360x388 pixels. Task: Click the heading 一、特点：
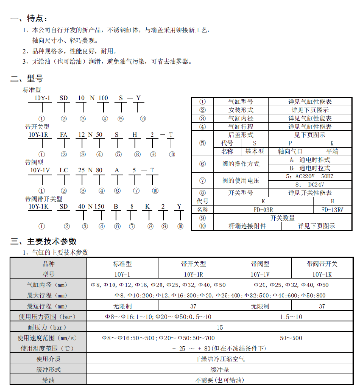click(x=29, y=18)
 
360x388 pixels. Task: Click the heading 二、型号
click(x=27, y=79)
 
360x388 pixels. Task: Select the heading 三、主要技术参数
click(x=43, y=241)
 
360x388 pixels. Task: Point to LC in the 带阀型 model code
click(x=64, y=170)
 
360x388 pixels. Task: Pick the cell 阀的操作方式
click(x=241, y=164)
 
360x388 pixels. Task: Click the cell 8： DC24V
click(x=310, y=184)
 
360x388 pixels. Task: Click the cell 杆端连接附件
click(x=247, y=226)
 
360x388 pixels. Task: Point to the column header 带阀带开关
click(x=322, y=264)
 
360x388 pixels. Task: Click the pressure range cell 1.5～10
click(x=291, y=317)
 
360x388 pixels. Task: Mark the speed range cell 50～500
click(x=291, y=338)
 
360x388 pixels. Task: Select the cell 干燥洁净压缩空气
click(x=219, y=359)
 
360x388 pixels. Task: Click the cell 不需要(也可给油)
click(x=219, y=380)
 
